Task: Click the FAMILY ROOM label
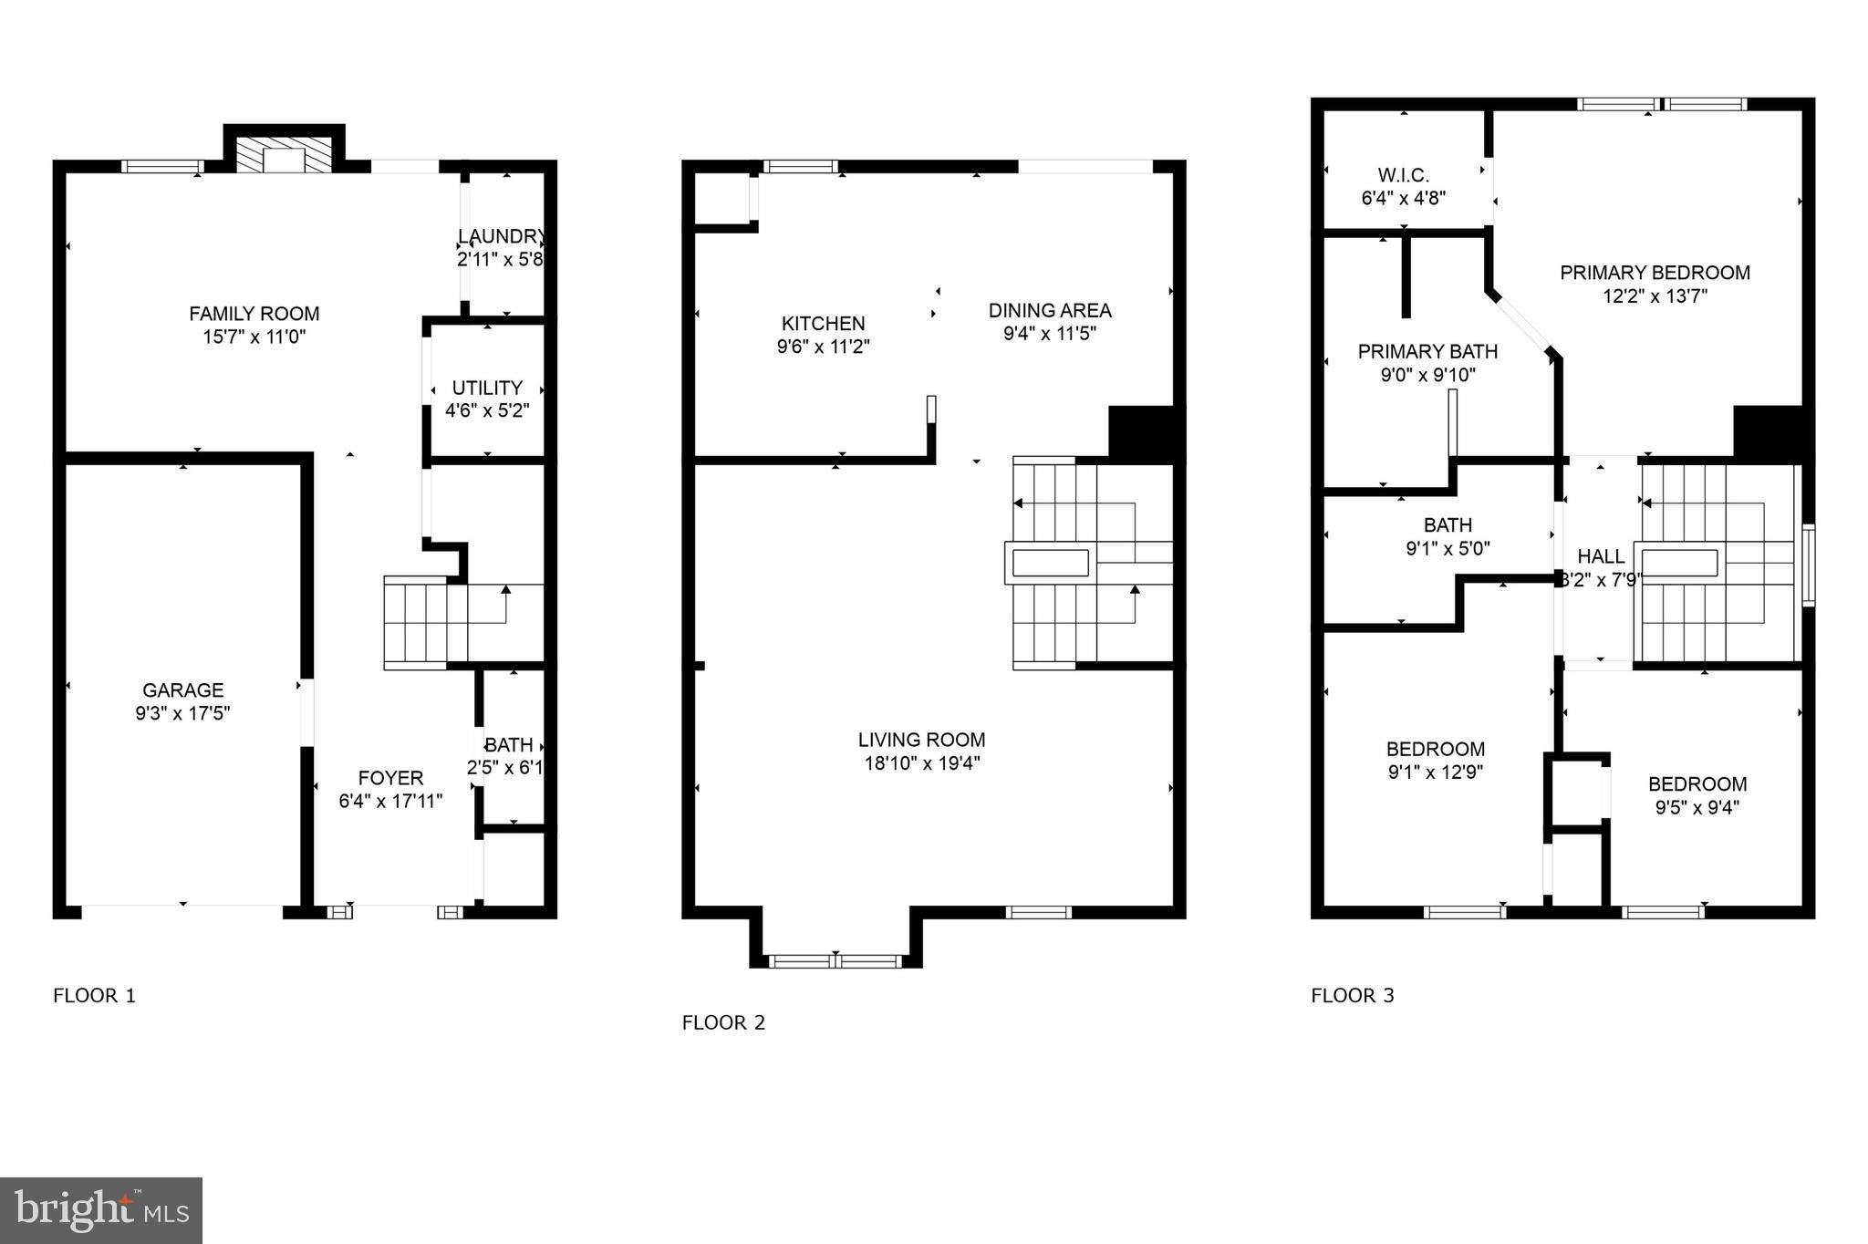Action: point(254,314)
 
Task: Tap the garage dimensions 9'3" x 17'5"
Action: point(182,713)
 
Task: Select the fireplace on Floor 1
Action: point(285,155)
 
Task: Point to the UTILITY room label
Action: point(487,388)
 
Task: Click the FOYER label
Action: point(390,778)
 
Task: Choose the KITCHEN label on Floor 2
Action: point(823,324)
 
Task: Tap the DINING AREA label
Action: point(1049,310)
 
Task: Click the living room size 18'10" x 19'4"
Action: point(921,763)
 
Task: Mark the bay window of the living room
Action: point(835,960)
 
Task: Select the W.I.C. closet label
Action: point(1403,175)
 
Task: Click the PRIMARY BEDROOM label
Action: point(1655,273)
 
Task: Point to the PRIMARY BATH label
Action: point(1427,351)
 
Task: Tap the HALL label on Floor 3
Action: point(1601,556)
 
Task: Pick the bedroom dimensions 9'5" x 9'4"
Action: point(1697,807)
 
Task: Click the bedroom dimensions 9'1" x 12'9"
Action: point(1436,772)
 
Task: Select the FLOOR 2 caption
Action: point(723,1022)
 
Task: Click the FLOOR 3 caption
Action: point(1353,995)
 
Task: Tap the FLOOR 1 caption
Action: point(94,995)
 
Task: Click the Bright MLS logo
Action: point(101,1210)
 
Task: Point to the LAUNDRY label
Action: point(501,237)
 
